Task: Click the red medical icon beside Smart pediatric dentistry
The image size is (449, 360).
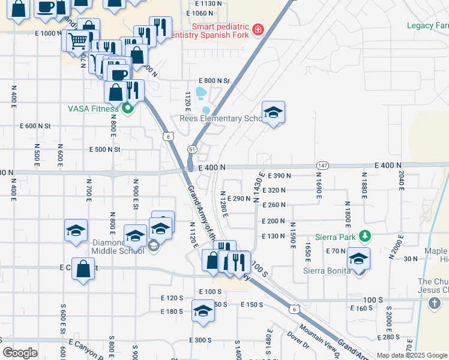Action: tap(258, 29)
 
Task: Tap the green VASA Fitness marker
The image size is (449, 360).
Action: tap(127, 109)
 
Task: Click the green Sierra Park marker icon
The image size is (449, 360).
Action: tap(364, 236)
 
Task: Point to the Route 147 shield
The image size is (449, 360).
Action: tap(322, 166)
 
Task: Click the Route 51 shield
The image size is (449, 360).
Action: tap(192, 148)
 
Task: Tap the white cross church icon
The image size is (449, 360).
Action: tap(435, 304)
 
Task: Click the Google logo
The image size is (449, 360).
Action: tap(20, 353)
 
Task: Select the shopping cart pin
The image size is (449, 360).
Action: tap(77, 41)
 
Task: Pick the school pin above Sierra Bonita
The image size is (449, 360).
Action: tap(358, 259)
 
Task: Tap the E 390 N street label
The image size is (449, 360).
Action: tap(277, 176)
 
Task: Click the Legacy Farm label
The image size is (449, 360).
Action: tap(427, 25)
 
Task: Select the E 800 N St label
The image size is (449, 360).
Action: tap(215, 80)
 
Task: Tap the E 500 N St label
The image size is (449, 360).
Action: tap(105, 149)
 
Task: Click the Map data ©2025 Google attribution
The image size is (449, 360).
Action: tap(412, 355)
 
